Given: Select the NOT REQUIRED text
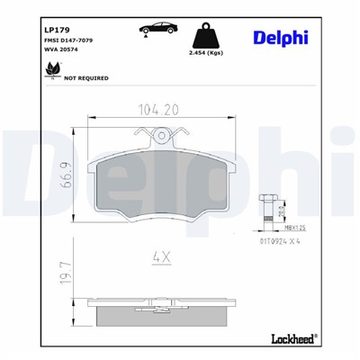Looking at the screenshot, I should point(85,78).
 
